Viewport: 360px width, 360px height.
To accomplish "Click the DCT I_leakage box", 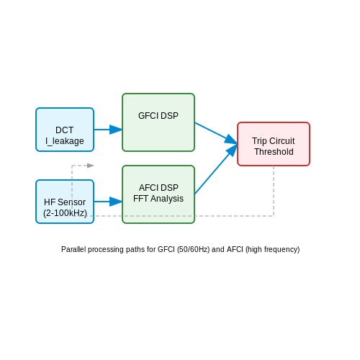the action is pos(65,130).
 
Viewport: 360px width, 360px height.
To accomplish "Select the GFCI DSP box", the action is pos(158,122).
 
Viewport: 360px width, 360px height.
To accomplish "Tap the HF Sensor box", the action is pos(65,202).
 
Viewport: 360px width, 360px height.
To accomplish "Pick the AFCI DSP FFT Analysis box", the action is pos(158,194).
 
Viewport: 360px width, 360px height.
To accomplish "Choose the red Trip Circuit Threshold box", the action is pos(274,144).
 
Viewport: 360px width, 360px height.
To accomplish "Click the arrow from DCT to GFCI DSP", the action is pos(108,130).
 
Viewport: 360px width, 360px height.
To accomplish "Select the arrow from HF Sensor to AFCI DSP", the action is pos(108,202).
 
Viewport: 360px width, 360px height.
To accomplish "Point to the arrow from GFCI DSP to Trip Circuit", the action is pos(216,133).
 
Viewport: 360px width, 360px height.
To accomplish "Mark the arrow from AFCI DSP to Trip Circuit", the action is pos(216,169).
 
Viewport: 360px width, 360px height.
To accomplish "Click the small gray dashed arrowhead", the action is pos(91,166).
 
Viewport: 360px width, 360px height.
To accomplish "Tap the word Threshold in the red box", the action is pos(274,152).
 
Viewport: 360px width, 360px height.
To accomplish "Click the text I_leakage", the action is pos(65,141).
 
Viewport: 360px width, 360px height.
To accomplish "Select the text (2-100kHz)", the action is pos(65,213).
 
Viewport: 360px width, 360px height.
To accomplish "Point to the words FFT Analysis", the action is pos(158,199).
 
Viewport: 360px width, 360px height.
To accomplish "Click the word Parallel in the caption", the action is pos(73,249).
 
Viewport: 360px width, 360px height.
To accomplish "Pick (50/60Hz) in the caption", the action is pos(194,249).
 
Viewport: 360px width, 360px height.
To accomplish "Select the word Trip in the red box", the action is pos(258,141).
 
